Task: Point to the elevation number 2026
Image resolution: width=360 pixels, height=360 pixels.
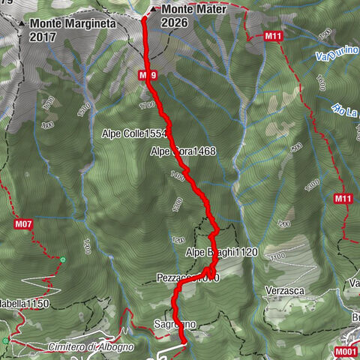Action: [x=174, y=22]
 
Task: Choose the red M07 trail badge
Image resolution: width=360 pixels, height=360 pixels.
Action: [x=23, y=223]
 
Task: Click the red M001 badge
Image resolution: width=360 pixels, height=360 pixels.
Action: [x=346, y=350]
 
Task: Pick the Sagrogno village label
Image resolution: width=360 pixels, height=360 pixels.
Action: [x=174, y=324]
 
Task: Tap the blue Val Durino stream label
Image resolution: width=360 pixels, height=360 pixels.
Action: [x=333, y=55]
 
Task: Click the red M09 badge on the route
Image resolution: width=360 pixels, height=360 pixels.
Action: [x=147, y=75]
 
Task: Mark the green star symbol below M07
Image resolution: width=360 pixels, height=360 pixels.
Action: [x=64, y=259]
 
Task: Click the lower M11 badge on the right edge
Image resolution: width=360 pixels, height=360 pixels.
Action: [x=343, y=199]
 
